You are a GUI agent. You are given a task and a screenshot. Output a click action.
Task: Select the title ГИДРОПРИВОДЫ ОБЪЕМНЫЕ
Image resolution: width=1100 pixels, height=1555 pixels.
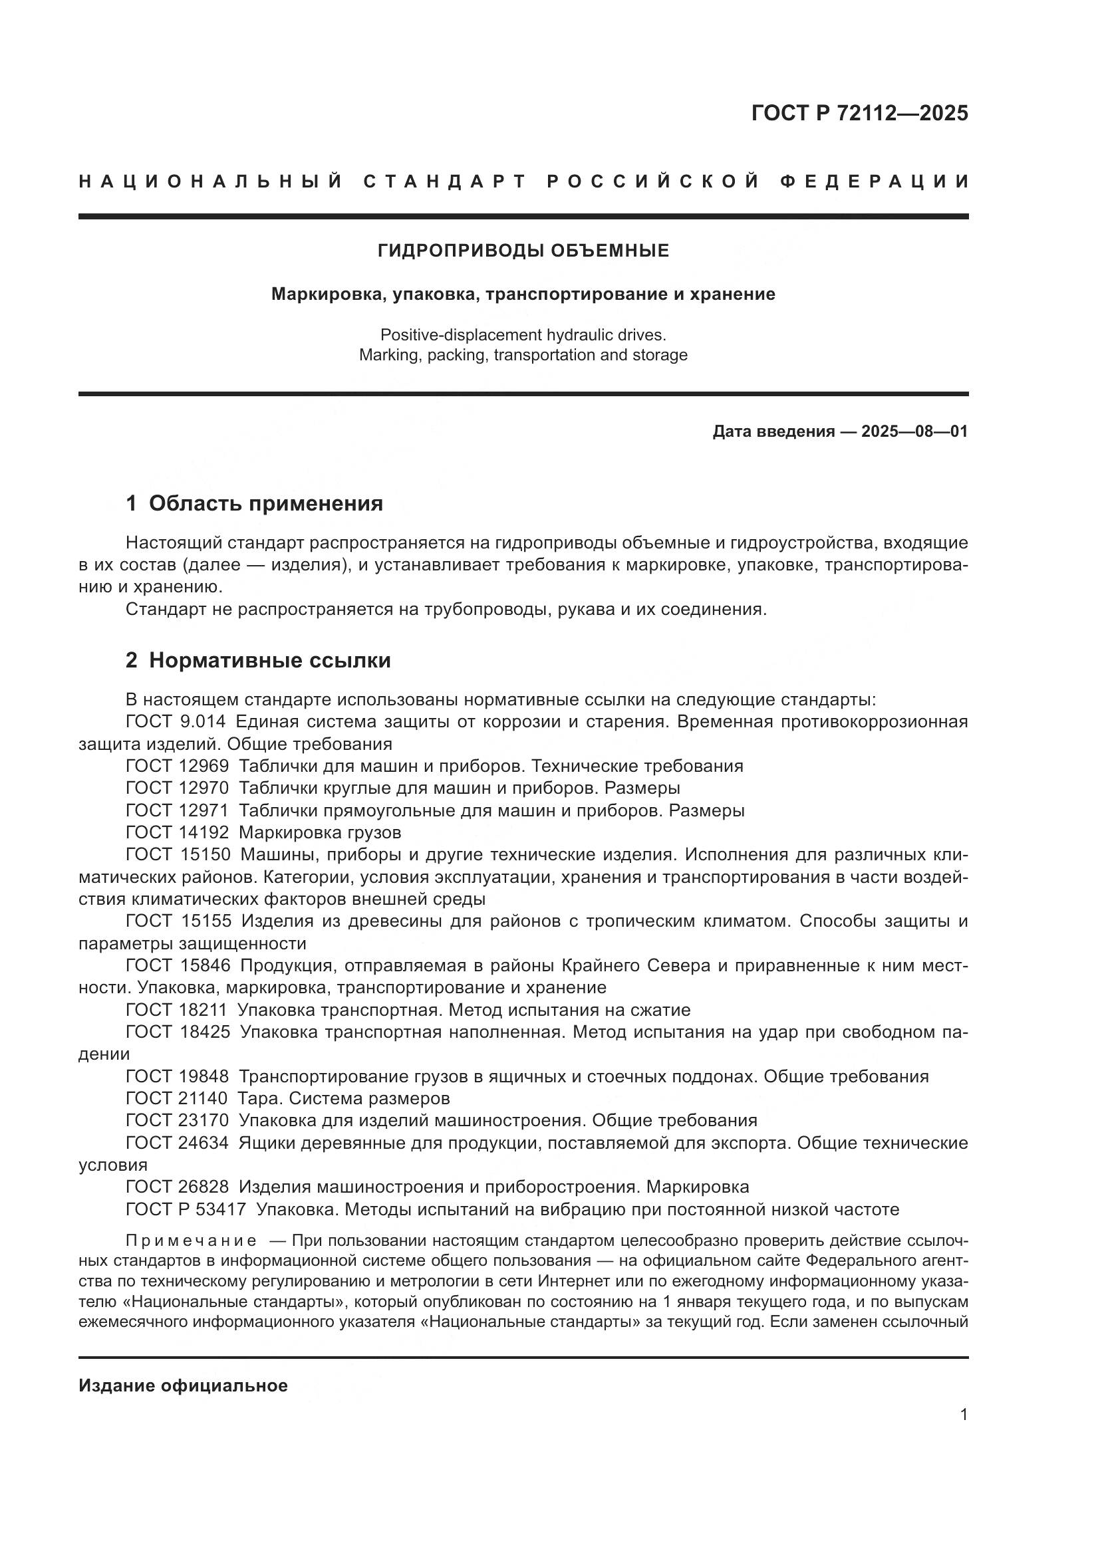click(x=523, y=251)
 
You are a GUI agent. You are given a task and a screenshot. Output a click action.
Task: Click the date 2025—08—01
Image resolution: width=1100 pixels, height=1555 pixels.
click(x=914, y=431)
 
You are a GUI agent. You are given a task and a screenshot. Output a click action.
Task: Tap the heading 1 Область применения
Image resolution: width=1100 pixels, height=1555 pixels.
click(x=254, y=503)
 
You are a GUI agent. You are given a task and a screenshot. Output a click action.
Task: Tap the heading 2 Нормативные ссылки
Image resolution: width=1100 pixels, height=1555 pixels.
click(x=258, y=660)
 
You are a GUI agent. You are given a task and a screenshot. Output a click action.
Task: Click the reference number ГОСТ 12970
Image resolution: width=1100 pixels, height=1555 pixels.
click(x=178, y=788)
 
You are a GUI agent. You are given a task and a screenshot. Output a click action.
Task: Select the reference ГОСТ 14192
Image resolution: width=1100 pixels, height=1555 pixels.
click(x=178, y=832)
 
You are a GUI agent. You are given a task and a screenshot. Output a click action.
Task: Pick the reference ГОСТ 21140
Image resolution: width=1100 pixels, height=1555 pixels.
click(x=178, y=1098)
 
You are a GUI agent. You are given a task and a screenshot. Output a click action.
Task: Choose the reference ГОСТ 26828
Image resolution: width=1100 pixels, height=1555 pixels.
click(x=178, y=1187)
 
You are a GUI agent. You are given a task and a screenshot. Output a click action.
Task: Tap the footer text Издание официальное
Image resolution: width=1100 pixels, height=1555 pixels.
click(x=183, y=1385)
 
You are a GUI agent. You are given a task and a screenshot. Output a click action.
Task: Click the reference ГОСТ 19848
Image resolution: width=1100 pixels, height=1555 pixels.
click(x=178, y=1076)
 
